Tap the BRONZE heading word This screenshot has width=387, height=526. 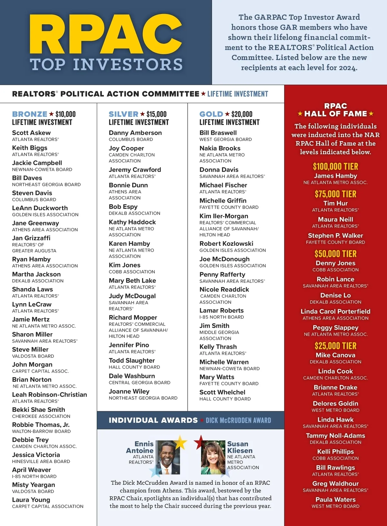pyautogui.click(x=30, y=114)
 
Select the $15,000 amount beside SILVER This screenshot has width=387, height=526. pyautogui.click(x=156, y=114)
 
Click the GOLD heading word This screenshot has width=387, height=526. pyautogui.click(x=211, y=114)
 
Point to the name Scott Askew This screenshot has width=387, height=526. pyautogui.click(x=31, y=133)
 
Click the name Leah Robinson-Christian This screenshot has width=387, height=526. pyautogui.click(x=49, y=395)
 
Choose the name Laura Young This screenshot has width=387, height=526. pyautogui.click(x=31, y=500)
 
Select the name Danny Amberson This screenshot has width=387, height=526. pyautogui.click(x=135, y=133)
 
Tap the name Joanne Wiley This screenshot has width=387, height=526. pyautogui.click(x=129, y=392)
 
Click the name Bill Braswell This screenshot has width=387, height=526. pyautogui.click(x=218, y=133)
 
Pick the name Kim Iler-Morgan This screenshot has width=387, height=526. pyautogui.click(x=224, y=216)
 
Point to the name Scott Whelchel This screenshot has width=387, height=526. pyautogui.click(x=222, y=392)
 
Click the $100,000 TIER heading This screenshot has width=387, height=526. pyautogui.click(x=335, y=167)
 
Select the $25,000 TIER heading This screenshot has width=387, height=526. pyautogui.click(x=335, y=346)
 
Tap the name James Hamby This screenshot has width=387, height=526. pyautogui.click(x=335, y=176)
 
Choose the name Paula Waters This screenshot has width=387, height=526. pyautogui.click(x=335, y=500)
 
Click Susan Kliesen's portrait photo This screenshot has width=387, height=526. pyautogui.click(x=213, y=457)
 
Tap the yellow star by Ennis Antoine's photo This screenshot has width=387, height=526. pyautogui.click(x=180, y=442)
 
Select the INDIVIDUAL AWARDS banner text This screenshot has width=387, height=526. pyautogui.click(x=153, y=420)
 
